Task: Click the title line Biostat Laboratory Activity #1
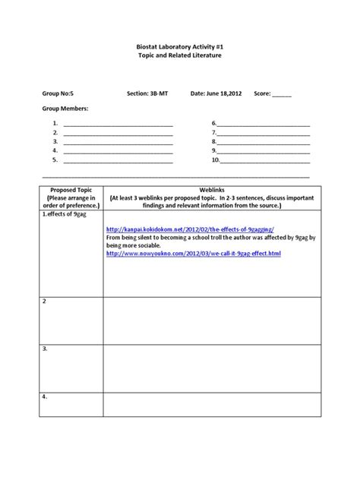pyautogui.click(x=179, y=46)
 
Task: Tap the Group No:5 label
pyautogui.click(x=58, y=94)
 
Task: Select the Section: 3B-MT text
pyautogui.click(x=147, y=94)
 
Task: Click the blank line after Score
pyautogui.click(x=282, y=96)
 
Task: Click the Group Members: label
pyautogui.click(x=65, y=109)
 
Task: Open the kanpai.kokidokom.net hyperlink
pyautogui.click(x=190, y=229)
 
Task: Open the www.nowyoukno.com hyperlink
pyautogui.click(x=194, y=254)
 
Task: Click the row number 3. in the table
pyautogui.click(x=46, y=349)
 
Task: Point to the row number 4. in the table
pyautogui.click(x=46, y=397)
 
